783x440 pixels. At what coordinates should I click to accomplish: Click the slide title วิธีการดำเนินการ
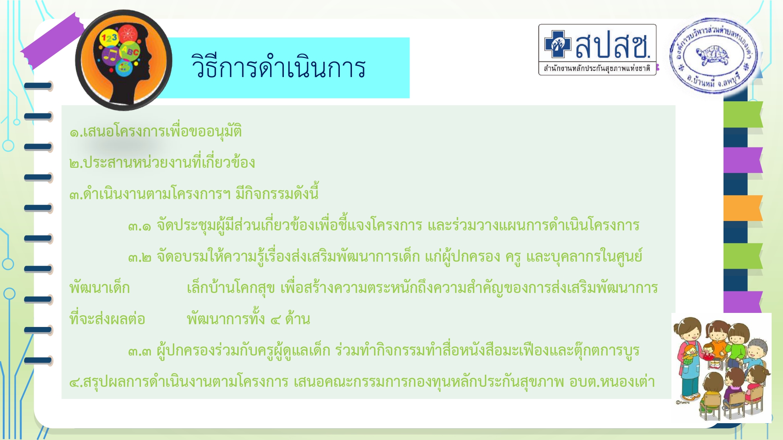(x=279, y=67)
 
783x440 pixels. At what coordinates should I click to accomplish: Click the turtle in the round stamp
(x=712, y=55)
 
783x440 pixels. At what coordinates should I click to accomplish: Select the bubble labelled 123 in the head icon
(x=109, y=38)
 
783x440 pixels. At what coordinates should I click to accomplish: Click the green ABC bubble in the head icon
(x=130, y=51)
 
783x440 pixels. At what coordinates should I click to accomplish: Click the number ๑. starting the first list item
(x=76, y=132)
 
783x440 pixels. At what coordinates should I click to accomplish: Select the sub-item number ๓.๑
(x=139, y=226)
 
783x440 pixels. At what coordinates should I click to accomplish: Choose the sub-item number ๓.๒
(x=139, y=257)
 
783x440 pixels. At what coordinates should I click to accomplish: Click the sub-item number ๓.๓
(x=139, y=351)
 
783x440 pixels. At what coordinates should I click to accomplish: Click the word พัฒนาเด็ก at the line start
(x=99, y=288)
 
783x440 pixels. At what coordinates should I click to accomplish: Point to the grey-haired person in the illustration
(x=757, y=352)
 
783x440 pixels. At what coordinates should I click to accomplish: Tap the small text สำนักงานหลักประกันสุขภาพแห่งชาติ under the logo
(x=597, y=69)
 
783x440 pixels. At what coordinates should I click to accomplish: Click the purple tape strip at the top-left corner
(x=52, y=41)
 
